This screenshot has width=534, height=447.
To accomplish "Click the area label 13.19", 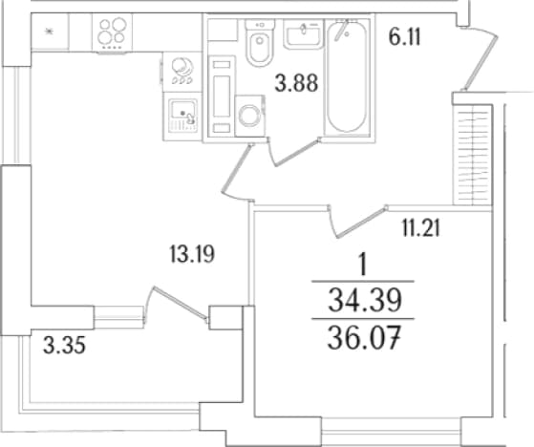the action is point(192,254).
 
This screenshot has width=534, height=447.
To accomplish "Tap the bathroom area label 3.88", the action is point(296,83).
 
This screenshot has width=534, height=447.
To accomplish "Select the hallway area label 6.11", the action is point(405,37).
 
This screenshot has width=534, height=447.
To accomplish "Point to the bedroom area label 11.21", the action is point(421,228).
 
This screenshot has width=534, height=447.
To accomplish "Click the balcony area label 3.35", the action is point(64,347).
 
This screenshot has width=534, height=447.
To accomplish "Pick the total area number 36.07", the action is point(363,338).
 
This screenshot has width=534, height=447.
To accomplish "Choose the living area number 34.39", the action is point(365,301).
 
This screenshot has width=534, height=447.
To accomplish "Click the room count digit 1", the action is point(364,266).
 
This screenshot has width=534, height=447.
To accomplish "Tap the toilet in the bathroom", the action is point(260,42).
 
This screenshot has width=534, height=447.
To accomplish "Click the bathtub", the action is point(347,76).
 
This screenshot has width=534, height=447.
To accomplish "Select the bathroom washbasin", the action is point(303,34).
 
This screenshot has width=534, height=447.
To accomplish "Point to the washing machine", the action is point(250,116).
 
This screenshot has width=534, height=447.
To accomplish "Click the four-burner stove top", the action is point(113,33).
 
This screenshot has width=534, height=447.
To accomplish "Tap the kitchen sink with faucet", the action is point(182,117).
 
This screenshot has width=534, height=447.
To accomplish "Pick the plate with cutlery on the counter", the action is point(182,71).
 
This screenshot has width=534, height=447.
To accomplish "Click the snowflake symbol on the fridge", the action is point(50,32).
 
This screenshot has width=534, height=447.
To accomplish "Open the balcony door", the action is point(178,304).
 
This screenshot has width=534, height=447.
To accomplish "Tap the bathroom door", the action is point(293,152).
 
